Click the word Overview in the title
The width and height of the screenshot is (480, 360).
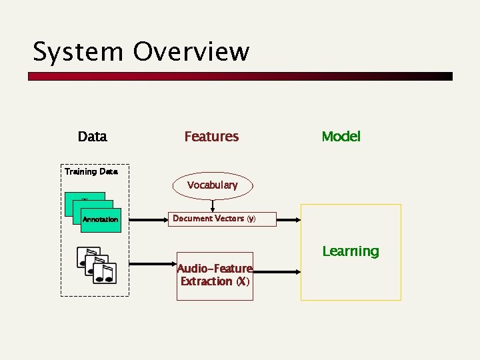click(191, 52)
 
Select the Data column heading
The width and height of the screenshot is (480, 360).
click(92, 137)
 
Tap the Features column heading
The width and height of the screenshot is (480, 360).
click(211, 137)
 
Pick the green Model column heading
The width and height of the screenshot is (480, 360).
click(341, 137)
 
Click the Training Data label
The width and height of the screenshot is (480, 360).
click(91, 171)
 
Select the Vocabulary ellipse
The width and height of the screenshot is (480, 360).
click(213, 185)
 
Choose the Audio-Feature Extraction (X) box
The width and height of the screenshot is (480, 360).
click(215, 275)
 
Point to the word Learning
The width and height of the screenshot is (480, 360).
click(350, 251)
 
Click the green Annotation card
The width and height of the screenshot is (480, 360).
click(101, 219)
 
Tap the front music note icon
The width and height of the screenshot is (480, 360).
click(105, 273)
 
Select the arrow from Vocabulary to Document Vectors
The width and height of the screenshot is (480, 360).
click(213, 205)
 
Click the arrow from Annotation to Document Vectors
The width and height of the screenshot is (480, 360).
click(144, 219)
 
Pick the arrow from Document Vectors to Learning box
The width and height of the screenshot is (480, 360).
click(288, 219)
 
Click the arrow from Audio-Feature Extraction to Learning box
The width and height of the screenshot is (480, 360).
click(277, 271)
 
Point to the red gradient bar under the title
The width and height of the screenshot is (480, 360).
click(240, 77)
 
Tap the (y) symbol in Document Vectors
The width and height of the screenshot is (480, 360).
click(251, 219)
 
